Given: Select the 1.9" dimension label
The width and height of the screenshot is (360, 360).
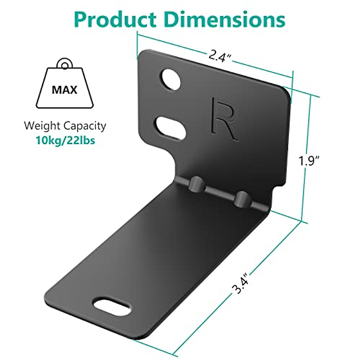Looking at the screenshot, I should pos(309,162).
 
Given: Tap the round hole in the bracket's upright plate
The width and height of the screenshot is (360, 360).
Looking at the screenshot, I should pos(171,79).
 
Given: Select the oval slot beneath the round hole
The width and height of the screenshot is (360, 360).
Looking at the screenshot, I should pos(170,128).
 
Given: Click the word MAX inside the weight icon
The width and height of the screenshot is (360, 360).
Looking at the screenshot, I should pos(64,90).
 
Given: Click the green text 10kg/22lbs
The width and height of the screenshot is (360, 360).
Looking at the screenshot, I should pos(65,140).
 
